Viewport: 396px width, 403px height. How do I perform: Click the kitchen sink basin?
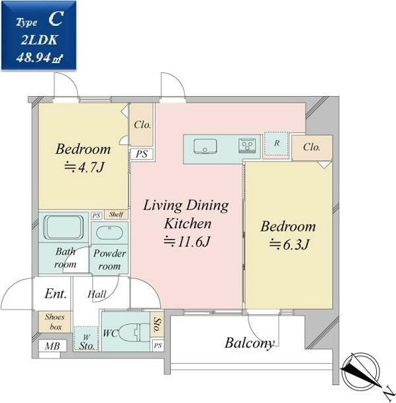205,146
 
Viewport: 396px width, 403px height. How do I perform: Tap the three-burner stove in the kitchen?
247,146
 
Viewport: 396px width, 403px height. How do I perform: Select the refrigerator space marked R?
276,144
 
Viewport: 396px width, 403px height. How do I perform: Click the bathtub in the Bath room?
63,227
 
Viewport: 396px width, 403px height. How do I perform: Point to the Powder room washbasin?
109,233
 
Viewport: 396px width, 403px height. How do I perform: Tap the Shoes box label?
55,321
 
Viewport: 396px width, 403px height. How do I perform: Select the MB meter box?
52,346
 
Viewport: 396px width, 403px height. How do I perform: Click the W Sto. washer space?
86,339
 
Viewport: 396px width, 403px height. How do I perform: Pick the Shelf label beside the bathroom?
116,214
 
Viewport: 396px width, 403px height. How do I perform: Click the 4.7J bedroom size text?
84,168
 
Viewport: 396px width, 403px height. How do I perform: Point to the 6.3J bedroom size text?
289,245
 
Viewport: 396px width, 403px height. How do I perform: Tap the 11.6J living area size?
187,241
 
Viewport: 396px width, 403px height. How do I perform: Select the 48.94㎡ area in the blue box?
39,58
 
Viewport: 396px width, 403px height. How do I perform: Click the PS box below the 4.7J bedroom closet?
142,154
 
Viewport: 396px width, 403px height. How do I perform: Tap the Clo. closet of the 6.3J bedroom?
312,148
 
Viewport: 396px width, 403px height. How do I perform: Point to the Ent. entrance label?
56,294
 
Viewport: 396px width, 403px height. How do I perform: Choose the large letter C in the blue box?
56,19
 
